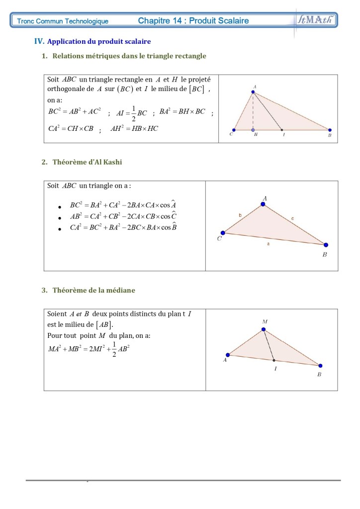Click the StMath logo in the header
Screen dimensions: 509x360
tap(316, 20)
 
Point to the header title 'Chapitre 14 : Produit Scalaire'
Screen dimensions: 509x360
tap(193, 21)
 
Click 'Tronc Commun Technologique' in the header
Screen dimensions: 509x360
tap(63, 21)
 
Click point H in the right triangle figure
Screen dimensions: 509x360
tap(253, 130)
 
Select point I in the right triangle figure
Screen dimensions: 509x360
tap(282, 130)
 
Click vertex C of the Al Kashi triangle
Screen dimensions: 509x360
tap(223, 232)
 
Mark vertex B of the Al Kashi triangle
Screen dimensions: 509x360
tap(326, 245)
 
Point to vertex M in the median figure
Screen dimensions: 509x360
tap(264, 329)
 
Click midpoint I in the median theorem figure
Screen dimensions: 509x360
tap(274, 360)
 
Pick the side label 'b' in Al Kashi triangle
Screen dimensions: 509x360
tap(240, 215)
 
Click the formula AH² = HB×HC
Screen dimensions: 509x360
tap(134, 128)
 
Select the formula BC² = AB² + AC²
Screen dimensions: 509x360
tap(74, 112)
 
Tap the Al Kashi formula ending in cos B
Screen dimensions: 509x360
tap(123, 227)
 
